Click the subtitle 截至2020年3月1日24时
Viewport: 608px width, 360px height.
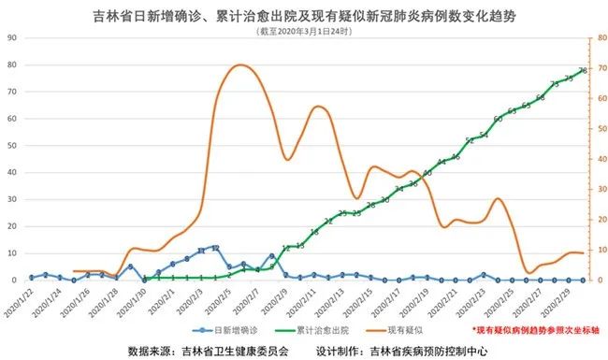tap(305, 30)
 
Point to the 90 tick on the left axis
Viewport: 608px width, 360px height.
tap(13, 37)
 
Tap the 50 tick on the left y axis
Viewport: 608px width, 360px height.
tap(13, 145)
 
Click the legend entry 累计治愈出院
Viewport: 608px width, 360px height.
tap(325, 330)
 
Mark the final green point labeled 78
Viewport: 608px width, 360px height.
tap(583, 70)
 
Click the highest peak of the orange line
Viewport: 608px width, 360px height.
tap(240, 65)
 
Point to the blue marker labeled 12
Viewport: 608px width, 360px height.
tap(216, 248)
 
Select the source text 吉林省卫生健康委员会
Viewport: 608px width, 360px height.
tap(233, 351)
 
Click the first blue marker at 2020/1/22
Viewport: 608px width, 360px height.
tap(31, 278)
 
